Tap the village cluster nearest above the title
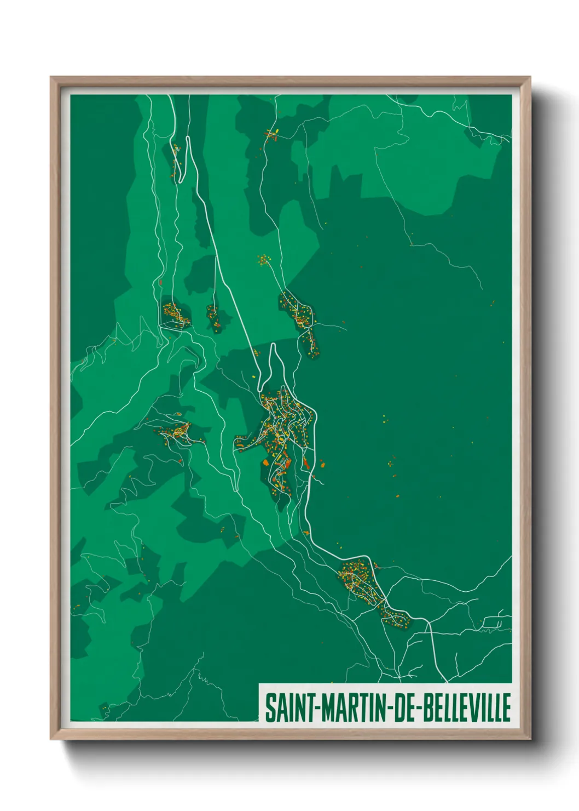[x=361, y=581]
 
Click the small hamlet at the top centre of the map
[x=271, y=134]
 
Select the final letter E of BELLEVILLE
[x=506, y=707]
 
